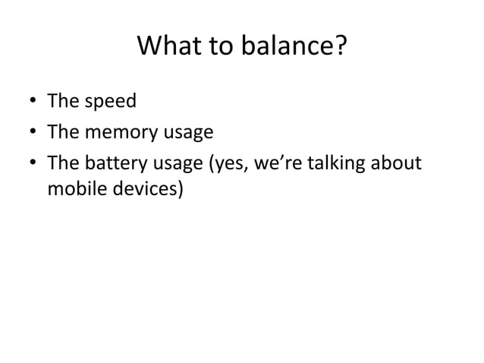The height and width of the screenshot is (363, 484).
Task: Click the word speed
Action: tap(102, 100)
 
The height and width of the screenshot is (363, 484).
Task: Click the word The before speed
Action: tap(62, 100)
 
